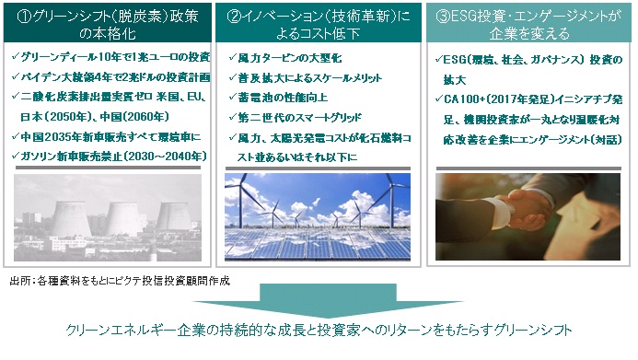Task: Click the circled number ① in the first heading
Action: pyautogui.click(x=25, y=17)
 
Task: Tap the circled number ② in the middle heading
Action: pyautogui.click(x=235, y=17)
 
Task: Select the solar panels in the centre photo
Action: pyautogui.click(x=318, y=244)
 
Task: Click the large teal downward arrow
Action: pyautogui.click(x=328, y=301)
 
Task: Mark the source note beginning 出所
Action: pyautogui.click(x=120, y=281)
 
